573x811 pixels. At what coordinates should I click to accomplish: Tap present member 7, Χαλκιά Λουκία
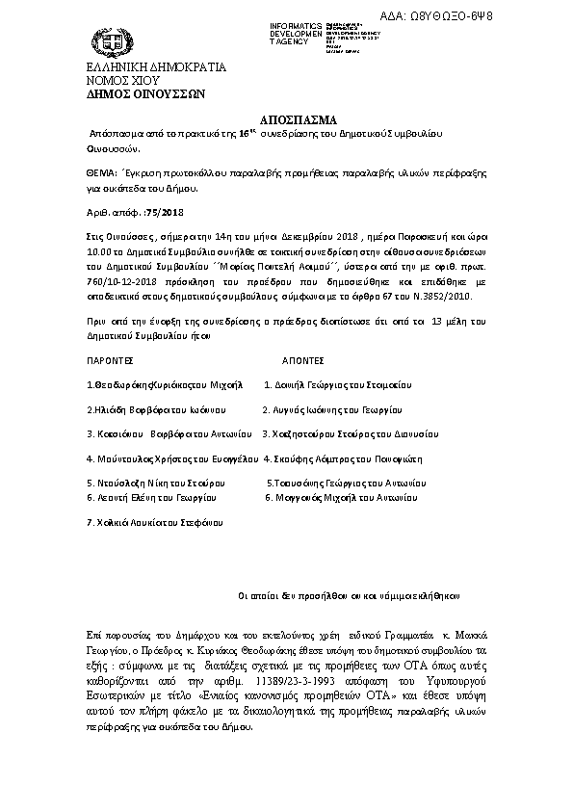click(154, 522)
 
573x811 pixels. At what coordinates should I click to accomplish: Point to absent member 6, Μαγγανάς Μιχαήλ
click(341, 497)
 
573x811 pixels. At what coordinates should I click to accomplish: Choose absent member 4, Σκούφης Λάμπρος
click(343, 458)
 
